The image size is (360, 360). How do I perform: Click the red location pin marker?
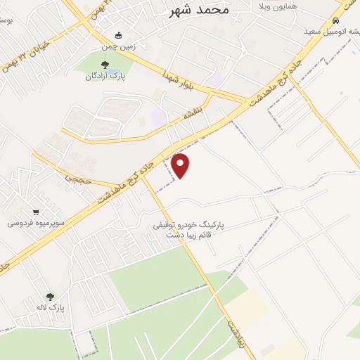[x=181, y=165]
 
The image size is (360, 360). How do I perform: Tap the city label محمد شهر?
[x=200, y=11]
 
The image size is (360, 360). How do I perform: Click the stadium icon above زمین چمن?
[x=119, y=35]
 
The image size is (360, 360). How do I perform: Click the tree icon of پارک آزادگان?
[x=105, y=65]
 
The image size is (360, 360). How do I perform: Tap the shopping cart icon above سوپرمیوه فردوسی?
[x=36, y=212]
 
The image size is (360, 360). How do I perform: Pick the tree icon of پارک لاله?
[x=50, y=297]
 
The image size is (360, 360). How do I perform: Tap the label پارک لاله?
[x=51, y=307]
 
